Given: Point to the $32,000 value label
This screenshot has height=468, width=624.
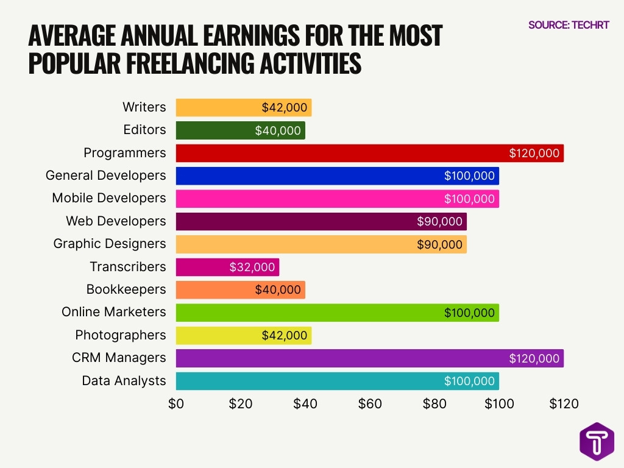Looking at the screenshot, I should click(x=252, y=267).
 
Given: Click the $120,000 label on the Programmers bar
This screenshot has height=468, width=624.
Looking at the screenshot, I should click(x=534, y=153).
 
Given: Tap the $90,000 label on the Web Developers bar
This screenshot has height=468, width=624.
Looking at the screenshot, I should click(x=439, y=221).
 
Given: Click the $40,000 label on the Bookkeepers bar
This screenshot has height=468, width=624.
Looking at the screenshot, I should click(x=278, y=289).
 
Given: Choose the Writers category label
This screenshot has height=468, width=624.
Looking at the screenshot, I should click(x=144, y=107).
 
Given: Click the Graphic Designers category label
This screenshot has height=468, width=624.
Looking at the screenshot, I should click(x=110, y=244).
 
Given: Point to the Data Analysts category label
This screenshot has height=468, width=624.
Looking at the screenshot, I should click(x=124, y=381).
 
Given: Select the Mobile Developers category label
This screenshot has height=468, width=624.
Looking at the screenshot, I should click(x=108, y=198).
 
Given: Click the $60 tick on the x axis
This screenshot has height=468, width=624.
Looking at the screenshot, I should click(x=370, y=403).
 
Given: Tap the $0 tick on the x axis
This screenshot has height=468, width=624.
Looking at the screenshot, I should click(x=176, y=403).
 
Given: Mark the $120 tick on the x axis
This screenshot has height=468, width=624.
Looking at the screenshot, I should click(x=564, y=403).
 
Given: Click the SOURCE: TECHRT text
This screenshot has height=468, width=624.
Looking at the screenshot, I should click(x=568, y=25).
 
